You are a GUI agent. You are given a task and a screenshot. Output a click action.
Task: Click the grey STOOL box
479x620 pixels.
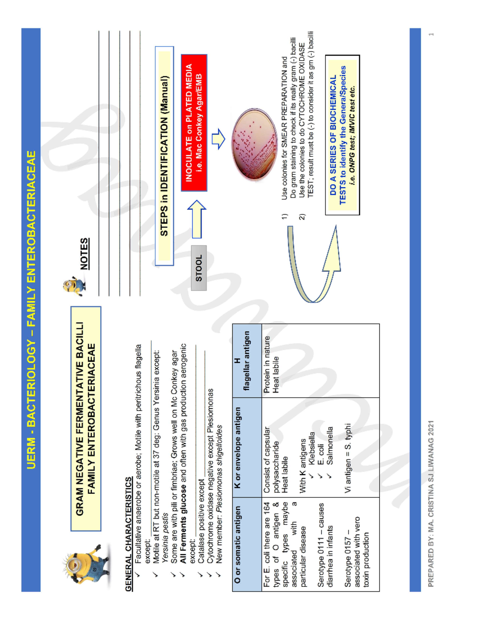click(x=199, y=268)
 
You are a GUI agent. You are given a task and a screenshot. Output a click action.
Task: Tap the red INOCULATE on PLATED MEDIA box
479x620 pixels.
click(x=194, y=123)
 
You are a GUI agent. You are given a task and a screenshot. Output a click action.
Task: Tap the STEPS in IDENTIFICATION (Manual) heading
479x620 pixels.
click(x=164, y=156)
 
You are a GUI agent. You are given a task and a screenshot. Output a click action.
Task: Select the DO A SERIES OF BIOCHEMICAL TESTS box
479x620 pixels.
click(x=342, y=135)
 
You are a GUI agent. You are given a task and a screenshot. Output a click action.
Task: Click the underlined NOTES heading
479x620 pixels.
click(x=84, y=254)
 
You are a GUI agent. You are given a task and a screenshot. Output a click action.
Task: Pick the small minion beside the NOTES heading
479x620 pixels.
click(x=74, y=286)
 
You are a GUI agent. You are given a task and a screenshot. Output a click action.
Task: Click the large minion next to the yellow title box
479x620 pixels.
click(x=85, y=567)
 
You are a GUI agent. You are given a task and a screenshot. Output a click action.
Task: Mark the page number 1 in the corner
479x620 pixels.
click(x=431, y=35)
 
